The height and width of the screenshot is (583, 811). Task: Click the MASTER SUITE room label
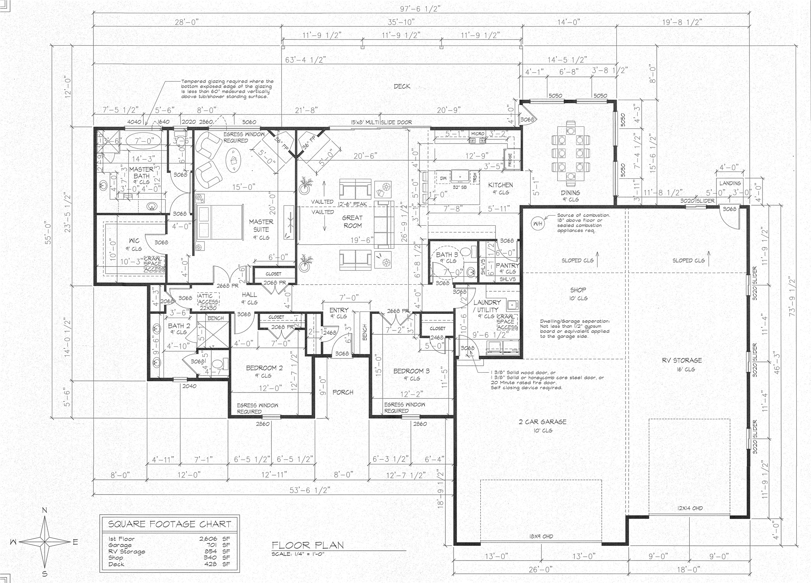point(261,225)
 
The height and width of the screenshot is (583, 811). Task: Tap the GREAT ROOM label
point(352,221)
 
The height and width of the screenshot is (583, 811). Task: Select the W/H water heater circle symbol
point(538,224)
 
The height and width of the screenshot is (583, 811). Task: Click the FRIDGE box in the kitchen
point(510,160)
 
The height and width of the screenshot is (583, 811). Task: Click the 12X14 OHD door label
point(690,508)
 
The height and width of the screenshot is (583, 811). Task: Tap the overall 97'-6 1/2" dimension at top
point(421,9)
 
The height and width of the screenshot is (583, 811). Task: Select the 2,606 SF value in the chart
point(210,539)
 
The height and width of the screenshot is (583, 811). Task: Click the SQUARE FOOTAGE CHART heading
point(169,524)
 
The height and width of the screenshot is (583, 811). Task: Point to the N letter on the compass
point(45,510)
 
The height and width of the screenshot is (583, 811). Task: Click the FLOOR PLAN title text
point(307,545)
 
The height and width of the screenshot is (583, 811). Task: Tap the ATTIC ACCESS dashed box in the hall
point(209,299)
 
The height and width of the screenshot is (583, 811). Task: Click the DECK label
point(402,86)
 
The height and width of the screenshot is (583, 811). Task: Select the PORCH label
point(343,392)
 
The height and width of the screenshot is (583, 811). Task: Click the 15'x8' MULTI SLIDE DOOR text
point(381,122)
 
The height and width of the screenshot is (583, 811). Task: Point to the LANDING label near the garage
point(730,183)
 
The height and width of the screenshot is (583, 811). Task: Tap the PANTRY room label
point(507,265)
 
